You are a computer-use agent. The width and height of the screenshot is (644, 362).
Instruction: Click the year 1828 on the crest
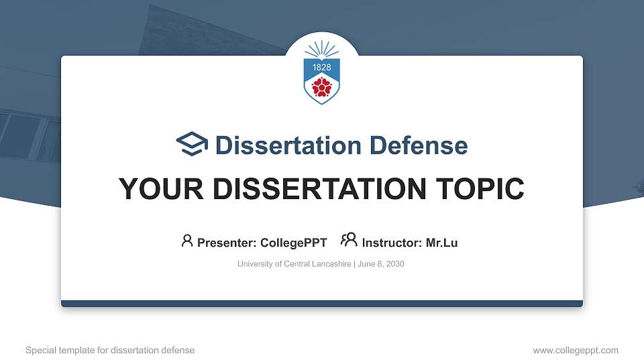[322, 68]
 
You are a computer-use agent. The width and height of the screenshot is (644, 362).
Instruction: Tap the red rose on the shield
[322, 86]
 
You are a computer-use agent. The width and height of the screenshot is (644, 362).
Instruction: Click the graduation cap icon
[193, 144]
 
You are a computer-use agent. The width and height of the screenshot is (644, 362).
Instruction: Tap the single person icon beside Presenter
[187, 241]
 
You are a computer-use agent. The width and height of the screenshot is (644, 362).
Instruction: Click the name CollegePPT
[293, 243]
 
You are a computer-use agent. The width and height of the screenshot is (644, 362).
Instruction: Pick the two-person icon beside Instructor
[349, 241]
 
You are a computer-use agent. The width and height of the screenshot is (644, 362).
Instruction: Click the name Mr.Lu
[441, 243]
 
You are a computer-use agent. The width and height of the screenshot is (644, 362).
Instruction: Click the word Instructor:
[392, 243]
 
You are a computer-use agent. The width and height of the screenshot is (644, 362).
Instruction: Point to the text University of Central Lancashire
[294, 264]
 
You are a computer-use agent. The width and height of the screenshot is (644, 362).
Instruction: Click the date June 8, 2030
[381, 264]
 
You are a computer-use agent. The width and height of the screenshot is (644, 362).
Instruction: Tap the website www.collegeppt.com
[575, 350]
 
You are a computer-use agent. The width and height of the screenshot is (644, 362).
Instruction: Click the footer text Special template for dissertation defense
[110, 350]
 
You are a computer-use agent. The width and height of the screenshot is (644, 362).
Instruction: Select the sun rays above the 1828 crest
[322, 49]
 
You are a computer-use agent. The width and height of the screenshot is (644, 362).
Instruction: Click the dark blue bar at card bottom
[322, 304]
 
